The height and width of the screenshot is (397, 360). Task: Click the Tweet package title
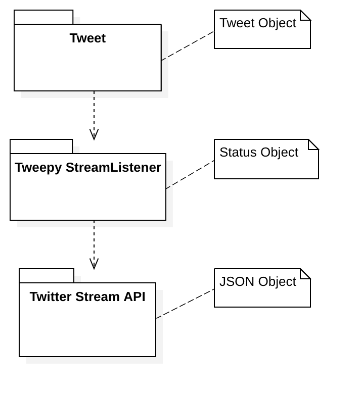(87, 38)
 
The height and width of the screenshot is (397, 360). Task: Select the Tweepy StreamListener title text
(88, 168)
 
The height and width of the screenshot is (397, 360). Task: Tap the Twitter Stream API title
(87, 296)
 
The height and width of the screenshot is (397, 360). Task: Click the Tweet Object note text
(258, 23)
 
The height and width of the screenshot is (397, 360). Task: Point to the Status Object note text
(259, 153)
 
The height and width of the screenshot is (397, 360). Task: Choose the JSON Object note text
(258, 282)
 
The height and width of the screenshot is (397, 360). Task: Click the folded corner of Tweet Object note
(305, 15)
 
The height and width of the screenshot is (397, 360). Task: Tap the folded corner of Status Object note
(313, 144)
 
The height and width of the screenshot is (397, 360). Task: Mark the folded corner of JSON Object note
(305, 273)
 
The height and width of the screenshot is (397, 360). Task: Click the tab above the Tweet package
(43, 17)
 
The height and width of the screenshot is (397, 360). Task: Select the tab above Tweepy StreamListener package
(41, 146)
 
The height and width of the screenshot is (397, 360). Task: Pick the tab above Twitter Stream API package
(47, 276)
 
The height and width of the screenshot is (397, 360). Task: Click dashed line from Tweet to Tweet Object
(187, 46)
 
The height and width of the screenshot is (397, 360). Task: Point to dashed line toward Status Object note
(189, 175)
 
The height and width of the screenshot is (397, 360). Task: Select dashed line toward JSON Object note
(184, 304)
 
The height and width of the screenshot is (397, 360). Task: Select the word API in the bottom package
(134, 296)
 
